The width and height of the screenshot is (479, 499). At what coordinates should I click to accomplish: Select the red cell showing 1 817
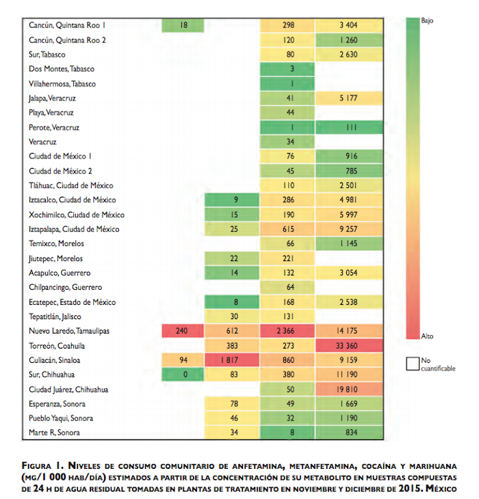pyautogui.click(x=235, y=360)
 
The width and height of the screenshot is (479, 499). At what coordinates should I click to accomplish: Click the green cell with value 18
pyautogui.click(x=183, y=25)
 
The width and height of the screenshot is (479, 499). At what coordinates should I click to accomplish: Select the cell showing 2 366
pyautogui.click(x=288, y=331)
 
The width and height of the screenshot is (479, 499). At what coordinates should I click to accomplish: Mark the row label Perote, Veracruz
pyautogui.click(x=55, y=127)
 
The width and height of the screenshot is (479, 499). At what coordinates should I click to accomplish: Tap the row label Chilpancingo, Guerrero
pyautogui.click(x=66, y=287)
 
